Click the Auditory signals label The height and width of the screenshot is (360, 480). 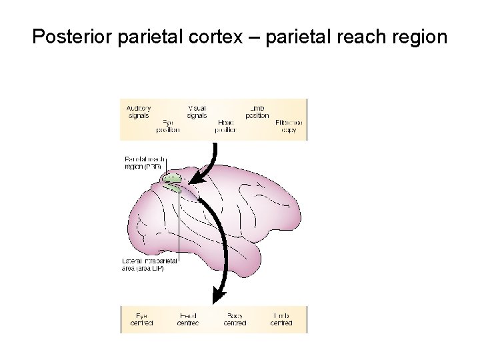point(139,111)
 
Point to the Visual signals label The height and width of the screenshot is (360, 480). point(197,111)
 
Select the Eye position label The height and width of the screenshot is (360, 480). point(168,127)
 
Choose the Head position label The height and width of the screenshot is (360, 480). point(227,127)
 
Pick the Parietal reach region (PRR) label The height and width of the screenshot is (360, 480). point(144,163)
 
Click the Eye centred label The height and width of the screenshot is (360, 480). point(141,319)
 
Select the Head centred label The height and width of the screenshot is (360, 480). point(188,319)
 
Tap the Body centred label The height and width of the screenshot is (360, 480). point(235,319)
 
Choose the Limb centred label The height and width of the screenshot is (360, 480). point(281,319)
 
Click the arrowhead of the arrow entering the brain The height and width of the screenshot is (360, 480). point(195,178)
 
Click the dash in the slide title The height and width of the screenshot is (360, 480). point(256,37)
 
